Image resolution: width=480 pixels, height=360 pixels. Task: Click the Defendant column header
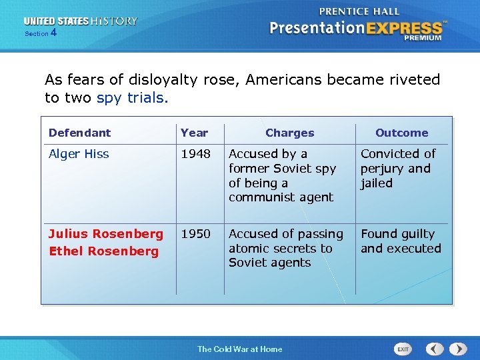point(79,133)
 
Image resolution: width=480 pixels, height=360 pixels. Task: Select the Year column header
point(194,133)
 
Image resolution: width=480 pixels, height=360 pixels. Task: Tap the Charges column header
point(289,133)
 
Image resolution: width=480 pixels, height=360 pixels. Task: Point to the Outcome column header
point(401,133)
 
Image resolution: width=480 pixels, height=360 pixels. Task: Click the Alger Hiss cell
point(79,154)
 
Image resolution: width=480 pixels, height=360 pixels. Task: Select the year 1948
point(195,154)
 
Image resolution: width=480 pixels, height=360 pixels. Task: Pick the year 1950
point(195,234)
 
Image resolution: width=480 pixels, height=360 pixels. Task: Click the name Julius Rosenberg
point(105,234)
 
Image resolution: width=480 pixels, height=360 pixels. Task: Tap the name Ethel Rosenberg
point(103,251)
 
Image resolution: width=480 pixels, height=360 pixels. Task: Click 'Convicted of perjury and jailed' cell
point(398,169)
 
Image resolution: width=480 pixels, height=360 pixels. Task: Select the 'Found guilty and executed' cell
point(401,241)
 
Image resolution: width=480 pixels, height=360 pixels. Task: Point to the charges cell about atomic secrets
point(285,248)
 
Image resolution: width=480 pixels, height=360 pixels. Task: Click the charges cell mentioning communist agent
point(282,175)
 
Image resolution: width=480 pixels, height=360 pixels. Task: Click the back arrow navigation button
point(435,349)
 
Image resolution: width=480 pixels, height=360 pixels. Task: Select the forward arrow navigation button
point(457,349)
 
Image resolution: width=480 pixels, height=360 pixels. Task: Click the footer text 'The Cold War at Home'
point(239,349)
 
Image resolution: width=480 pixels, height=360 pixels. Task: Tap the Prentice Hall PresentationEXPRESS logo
point(357,25)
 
